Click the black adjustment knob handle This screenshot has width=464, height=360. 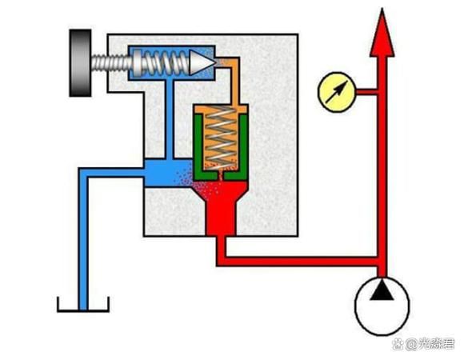(x=80, y=62)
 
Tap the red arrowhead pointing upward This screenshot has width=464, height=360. (x=382, y=34)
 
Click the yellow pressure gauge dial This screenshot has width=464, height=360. (x=337, y=92)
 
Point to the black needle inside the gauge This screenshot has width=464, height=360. (x=337, y=92)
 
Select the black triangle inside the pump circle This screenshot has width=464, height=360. (x=382, y=291)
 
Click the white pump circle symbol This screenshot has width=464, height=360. (x=382, y=306)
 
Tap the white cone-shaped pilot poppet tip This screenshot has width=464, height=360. (x=202, y=62)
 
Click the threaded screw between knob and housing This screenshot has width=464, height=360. (x=110, y=63)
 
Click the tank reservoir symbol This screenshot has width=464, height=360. (x=83, y=305)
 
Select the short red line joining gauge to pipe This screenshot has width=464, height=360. (x=367, y=92)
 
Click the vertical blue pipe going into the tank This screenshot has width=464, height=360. (x=83, y=240)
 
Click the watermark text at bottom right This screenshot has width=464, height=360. (x=424, y=344)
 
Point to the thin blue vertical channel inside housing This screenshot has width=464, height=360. (x=169, y=119)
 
